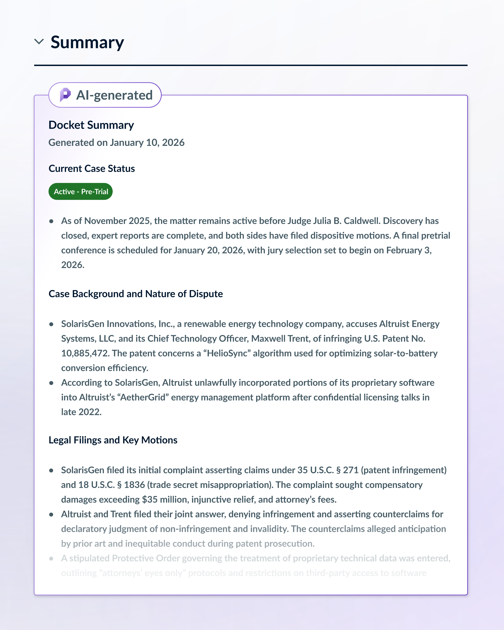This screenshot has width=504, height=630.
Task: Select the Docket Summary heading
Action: pyautogui.click(x=91, y=125)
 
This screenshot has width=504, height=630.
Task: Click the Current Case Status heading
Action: pyautogui.click(x=91, y=169)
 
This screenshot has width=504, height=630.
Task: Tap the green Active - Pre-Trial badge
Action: pyautogui.click(x=81, y=192)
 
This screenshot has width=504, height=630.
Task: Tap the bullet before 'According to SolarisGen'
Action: pyautogui.click(x=51, y=383)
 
